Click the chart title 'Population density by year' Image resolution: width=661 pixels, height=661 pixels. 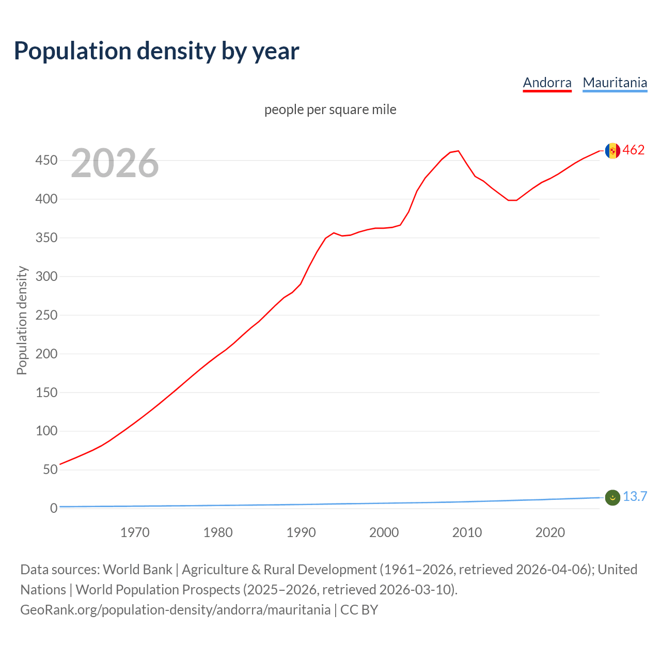pyautogui.click(x=156, y=51)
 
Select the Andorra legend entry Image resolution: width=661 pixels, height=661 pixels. pyautogui.click(x=547, y=83)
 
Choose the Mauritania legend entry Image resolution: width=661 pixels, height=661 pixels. pyautogui.click(x=615, y=83)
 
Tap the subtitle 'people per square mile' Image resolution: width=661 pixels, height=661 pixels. pyautogui.click(x=330, y=109)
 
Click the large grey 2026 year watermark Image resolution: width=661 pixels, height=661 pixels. pyautogui.click(x=115, y=163)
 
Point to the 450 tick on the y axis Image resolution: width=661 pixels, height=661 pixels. pyautogui.click(x=46, y=161)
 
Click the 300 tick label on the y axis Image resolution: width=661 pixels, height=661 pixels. pyautogui.click(x=46, y=276)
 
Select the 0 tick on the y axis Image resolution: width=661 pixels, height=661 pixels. pyautogui.click(x=54, y=508)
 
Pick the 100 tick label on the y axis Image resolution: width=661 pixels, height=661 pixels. pyautogui.click(x=46, y=431)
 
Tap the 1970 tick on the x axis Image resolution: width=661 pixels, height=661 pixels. pyautogui.click(x=135, y=532)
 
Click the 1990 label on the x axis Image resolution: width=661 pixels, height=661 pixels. pyautogui.click(x=301, y=532)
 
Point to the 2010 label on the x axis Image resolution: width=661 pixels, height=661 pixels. pyautogui.click(x=467, y=532)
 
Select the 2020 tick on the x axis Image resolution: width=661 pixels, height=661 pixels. pyautogui.click(x=550, y=532)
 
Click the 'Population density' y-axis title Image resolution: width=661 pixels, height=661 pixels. pyautogui.click(x=22, y=320)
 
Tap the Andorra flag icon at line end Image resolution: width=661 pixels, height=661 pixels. pyautogui.click(x=612, y=151)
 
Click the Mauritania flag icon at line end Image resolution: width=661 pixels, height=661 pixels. pyautogui.click(x=612, y=497)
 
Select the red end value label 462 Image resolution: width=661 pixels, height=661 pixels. pyautogui.click(x=634, y=150)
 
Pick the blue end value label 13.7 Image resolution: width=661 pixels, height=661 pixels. pyautogui.click(x=635, y=497)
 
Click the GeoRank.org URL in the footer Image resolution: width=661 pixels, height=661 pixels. pyautogui.click(x=175, y=610)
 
